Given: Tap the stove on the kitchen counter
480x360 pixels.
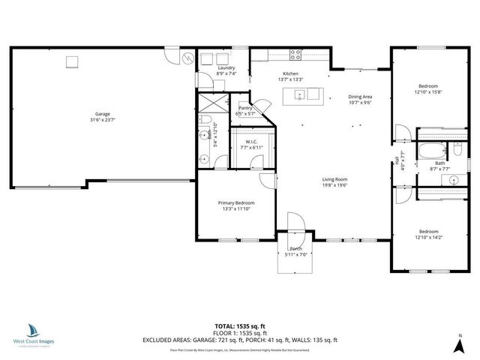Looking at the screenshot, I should click(295, 54).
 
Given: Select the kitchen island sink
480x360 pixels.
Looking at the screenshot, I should click(298, 94).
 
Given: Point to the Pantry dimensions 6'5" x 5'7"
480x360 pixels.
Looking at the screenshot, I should click(246, 113).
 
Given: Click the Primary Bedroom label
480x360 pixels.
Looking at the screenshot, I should click(236, 202).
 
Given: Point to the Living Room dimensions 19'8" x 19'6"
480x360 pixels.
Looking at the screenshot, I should click(335, 185).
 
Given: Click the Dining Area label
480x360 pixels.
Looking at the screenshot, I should click(360, 97).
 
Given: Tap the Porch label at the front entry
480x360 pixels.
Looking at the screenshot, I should click(295, 249).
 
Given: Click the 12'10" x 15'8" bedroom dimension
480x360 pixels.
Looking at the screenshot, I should click(429, 93).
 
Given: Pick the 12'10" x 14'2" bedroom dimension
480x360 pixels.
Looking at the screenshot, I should click(429, 238).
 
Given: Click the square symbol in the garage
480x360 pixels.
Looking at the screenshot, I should click(73, 61).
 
